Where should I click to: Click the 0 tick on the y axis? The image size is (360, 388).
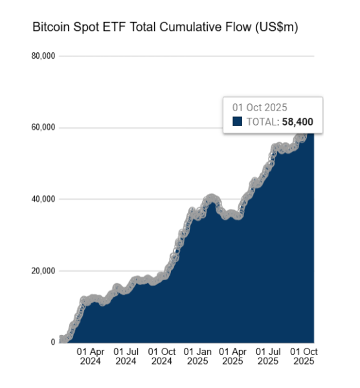tap(53, 342)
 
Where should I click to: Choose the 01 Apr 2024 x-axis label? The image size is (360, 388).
tap(91, 356)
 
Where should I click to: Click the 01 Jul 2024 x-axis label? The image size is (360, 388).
tap(126, 356)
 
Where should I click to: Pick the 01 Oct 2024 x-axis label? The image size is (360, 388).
tap(162, 356)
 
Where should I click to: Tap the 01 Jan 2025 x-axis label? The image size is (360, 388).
tap(197, 356)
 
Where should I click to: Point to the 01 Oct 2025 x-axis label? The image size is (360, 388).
tap(304, 356)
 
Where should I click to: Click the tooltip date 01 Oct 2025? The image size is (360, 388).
tap(260, 107)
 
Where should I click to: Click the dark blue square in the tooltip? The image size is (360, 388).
tap(237, 122)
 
